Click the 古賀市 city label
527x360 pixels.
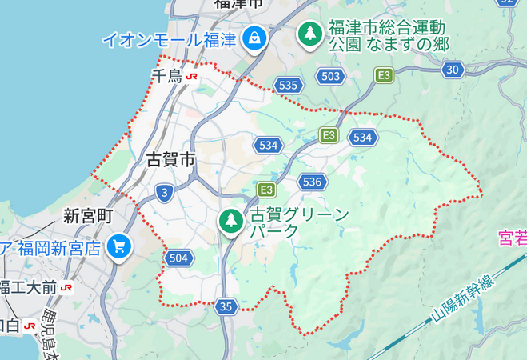coord(171,159)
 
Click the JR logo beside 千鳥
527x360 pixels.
coord(192,77)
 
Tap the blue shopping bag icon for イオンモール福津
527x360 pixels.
coord(255,37)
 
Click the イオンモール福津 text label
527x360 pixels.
coord(169,38)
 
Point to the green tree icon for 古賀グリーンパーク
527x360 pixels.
coord(231,220)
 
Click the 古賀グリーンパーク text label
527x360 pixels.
coord(299,222)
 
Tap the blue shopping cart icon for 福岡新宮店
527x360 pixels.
coord(120,246)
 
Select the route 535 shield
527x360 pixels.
coord(288,84)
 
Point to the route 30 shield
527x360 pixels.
coord(453,70)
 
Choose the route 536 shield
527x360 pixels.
coord(312,182)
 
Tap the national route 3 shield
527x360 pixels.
coord(164,192)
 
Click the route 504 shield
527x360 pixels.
coord(178,257)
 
